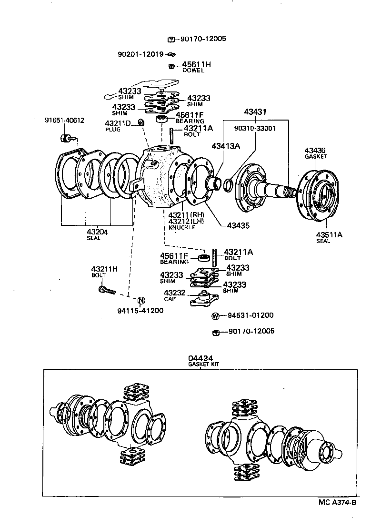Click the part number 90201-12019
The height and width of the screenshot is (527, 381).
click(x=140, y=54)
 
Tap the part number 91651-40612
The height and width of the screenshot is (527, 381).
click(x=65, y=120)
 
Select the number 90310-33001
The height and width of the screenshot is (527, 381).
click(x=255, y=128)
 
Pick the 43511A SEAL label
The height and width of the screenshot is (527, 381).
click(x=327, y=237)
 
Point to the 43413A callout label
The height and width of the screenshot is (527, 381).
click(x=226, y=146)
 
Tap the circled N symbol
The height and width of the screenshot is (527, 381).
click(x=141, y=300)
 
